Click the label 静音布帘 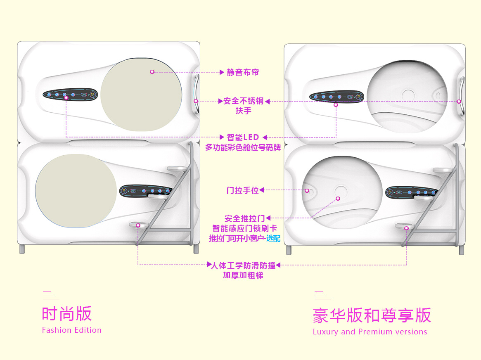243,73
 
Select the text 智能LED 243,137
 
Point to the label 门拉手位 242,190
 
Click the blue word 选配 273,238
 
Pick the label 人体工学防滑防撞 243,265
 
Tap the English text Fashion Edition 72,330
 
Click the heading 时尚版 67,314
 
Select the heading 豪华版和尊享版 372,315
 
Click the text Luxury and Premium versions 370,332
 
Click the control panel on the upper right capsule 336,97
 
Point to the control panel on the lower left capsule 146,191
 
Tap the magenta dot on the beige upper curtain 152,72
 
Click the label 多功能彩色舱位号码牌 243,147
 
